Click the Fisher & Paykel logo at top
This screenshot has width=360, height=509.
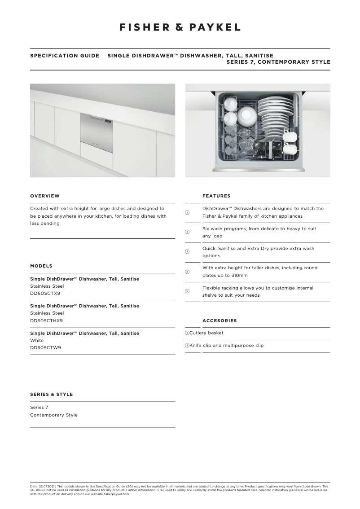tap(180, 27)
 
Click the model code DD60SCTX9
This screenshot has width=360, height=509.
tap(45, 293)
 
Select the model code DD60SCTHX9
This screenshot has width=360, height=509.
tap(46, 320)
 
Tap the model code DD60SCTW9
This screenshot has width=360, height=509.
tap(45, 347)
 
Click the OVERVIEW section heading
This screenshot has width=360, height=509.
tap(44, 196)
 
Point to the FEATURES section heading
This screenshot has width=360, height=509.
tap(216, 196)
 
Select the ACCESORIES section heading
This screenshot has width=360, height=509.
tap(220, 320)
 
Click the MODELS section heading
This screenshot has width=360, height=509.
tap(41, 266)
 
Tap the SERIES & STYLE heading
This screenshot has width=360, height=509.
tap(51, 394)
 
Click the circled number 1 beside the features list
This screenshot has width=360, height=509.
tap(187, 212)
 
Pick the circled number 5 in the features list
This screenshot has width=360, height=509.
tap(187, 291)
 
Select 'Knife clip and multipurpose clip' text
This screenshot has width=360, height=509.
tap(226, 346)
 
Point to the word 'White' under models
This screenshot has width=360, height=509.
tap(37, 340)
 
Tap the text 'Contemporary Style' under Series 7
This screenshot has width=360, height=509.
tap(53, 415)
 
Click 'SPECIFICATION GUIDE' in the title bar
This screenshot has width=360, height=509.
tap(65, 56)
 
